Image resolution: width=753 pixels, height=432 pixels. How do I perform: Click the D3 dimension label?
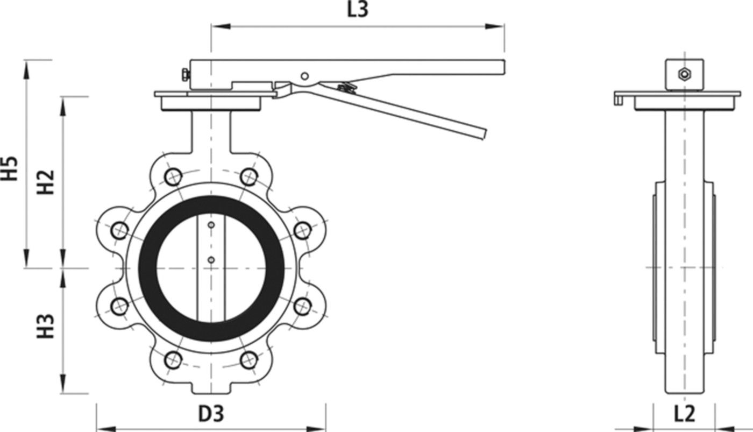211,414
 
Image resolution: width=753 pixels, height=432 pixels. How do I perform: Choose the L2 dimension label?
684,414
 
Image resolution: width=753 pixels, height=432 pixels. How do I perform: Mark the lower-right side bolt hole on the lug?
303,306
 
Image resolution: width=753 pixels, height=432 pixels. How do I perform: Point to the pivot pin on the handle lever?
304,76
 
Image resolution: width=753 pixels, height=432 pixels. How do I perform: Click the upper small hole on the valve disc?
211,225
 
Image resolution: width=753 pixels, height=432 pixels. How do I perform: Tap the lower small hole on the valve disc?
211,260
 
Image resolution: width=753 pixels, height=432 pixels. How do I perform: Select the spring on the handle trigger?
344,86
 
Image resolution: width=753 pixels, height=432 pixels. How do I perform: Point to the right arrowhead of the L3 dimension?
497,25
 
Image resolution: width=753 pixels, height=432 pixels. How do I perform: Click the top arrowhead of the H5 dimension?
25,67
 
